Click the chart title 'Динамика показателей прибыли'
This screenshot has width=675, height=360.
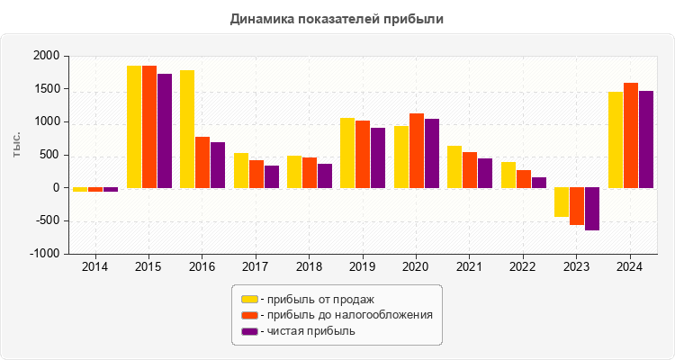[x=337, y=18]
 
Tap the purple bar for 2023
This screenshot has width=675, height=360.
[x=591, y=209]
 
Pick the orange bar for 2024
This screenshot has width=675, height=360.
[x=630, y=136]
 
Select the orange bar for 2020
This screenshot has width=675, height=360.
[x=417, y=151]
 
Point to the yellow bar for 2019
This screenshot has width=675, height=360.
[x=347, y=153]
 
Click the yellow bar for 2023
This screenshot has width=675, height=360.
[x=562, y=202]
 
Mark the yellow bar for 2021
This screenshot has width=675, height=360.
[x=454, y=167]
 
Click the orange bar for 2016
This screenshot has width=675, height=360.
[x=202, y=163]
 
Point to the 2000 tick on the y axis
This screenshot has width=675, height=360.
[x=47, y=57]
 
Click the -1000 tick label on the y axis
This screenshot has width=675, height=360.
[x=45, y=254]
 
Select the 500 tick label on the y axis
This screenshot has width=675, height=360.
[x=49, y=155]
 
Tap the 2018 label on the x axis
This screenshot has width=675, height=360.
[x=310, y=267]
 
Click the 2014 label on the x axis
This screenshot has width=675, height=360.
[x=95, y=267]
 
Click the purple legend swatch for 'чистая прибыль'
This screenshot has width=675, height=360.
[x=248, y=331]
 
